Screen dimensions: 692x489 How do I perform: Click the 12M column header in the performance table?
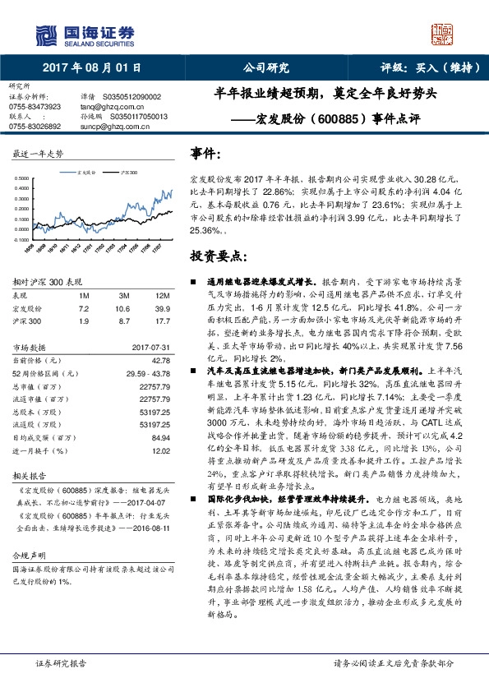(161, 295)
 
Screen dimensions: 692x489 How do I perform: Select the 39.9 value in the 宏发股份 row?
(163, 307)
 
